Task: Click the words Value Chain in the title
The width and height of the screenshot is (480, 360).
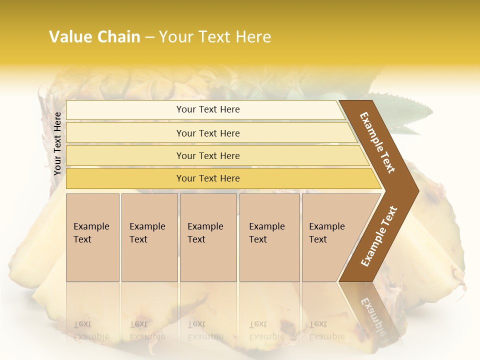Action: click(94, 37)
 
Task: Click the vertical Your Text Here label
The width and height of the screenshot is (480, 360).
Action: click(57, 143)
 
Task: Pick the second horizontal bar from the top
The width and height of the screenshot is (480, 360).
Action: click(207, 133)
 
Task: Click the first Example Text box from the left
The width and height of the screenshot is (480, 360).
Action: click(92, 237)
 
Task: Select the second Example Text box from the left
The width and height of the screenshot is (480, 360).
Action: click(149, 237)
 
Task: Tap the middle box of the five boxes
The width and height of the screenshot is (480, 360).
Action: click(208, 237)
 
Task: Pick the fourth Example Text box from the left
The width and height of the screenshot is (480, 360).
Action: click(269, 237)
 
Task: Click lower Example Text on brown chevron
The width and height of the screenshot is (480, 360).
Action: click(379, 236)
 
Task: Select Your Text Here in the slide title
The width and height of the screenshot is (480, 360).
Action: click(215, 37)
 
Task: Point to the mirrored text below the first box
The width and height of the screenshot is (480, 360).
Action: click(91, 330)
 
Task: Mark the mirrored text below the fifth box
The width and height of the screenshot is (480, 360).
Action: click(327, 330)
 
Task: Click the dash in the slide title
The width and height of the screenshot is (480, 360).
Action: click(149, 37)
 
